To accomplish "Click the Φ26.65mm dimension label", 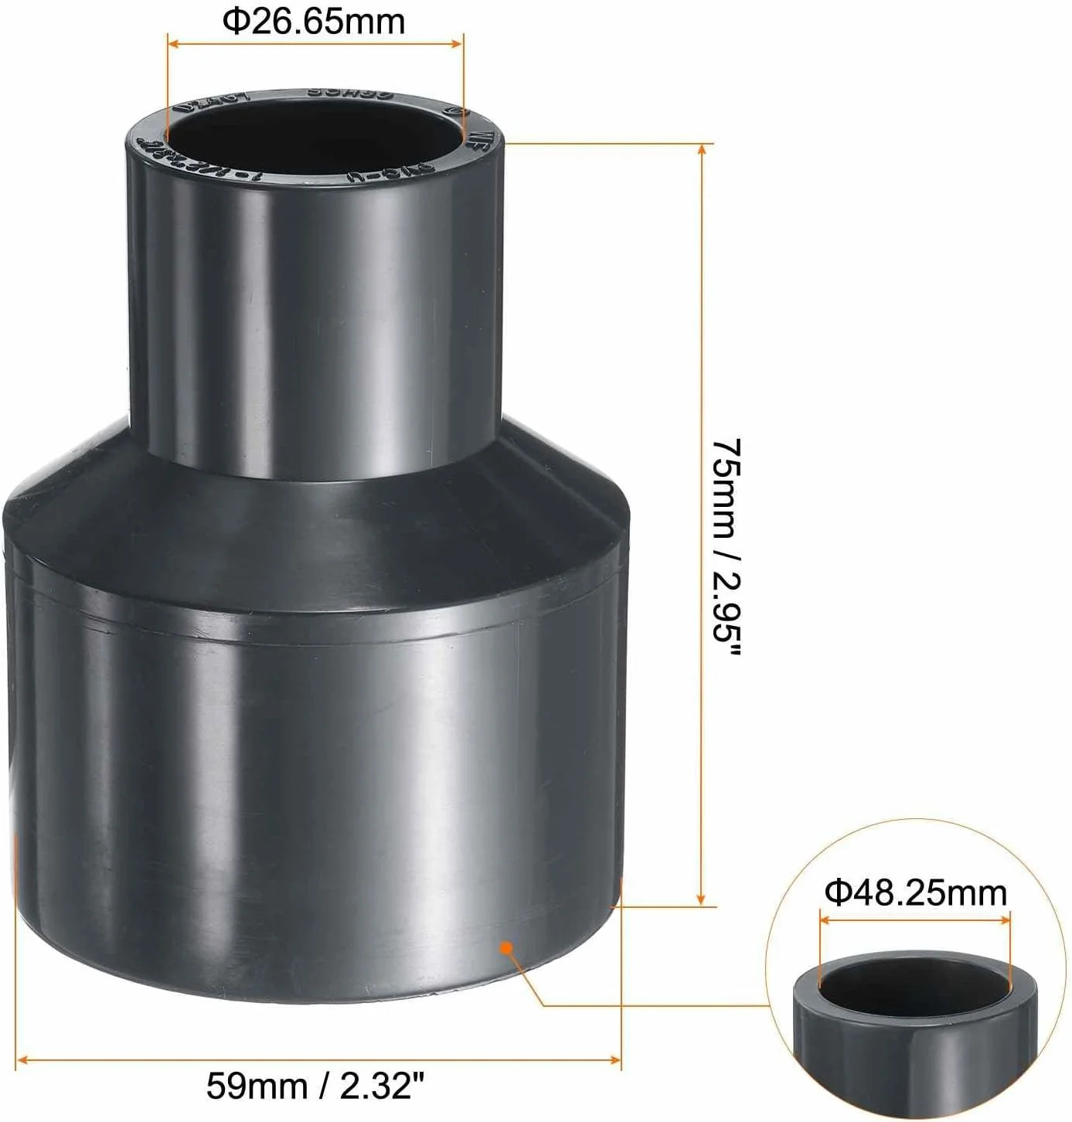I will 315,21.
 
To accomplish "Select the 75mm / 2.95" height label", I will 727,549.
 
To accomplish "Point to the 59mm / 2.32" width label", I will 316,1088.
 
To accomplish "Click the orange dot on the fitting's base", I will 505,947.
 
